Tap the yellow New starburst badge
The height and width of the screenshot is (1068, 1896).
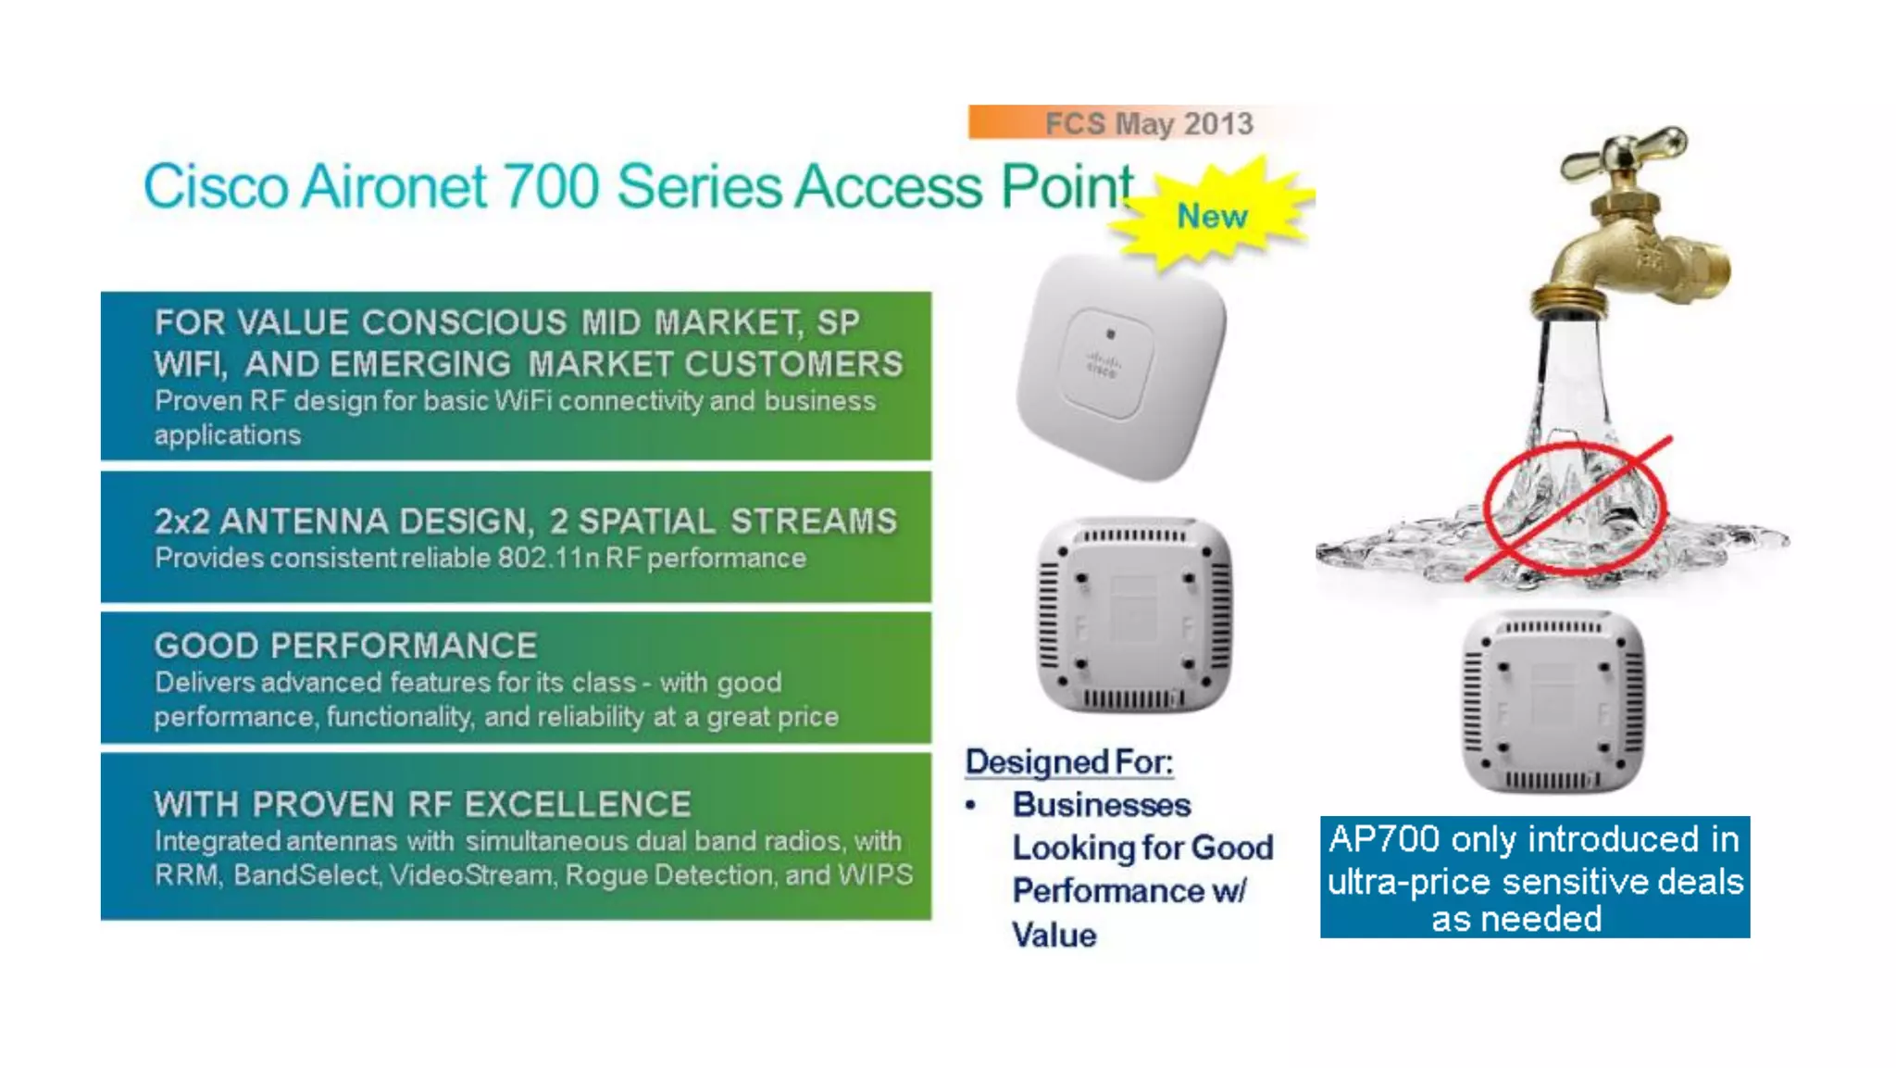1211,216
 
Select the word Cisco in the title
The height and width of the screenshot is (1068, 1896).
216,187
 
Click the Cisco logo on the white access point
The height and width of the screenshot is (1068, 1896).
1102,364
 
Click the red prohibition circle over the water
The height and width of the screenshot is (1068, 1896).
1574,508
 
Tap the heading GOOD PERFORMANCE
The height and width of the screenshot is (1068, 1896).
345,646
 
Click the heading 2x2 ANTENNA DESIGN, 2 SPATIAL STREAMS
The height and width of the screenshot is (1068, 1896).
525,521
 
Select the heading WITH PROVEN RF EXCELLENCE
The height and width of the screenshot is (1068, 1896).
422,804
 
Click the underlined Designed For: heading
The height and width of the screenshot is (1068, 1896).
1068,762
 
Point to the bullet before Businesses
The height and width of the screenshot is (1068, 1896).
970,806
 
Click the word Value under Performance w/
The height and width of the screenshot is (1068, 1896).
1054,935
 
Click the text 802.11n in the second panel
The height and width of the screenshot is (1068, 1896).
548,559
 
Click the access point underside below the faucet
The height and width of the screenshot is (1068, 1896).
1553,701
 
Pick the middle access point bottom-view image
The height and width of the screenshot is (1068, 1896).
1134,615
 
